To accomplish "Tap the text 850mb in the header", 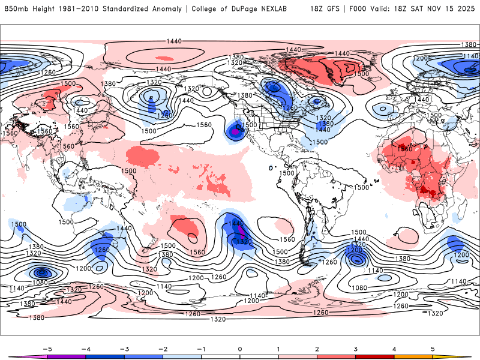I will (16, 10).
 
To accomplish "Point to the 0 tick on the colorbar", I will (239, 348).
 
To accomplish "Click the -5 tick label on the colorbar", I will (46, 348).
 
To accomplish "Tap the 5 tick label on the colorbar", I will (433, 348).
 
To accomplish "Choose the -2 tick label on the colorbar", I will (162, 348).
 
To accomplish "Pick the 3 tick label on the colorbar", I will (355, 348).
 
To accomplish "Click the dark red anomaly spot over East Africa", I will (428, 191).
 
